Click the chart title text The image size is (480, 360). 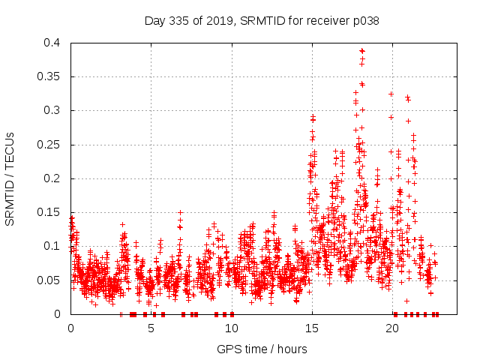261,21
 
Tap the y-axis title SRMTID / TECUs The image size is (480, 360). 10,178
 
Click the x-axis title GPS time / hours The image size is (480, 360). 261,349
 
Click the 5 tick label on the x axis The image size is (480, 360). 151,328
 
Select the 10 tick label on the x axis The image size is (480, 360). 231,328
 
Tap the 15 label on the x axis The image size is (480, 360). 312,328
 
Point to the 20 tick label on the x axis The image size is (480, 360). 392,328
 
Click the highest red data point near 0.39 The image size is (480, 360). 362,51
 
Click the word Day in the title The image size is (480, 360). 154,21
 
